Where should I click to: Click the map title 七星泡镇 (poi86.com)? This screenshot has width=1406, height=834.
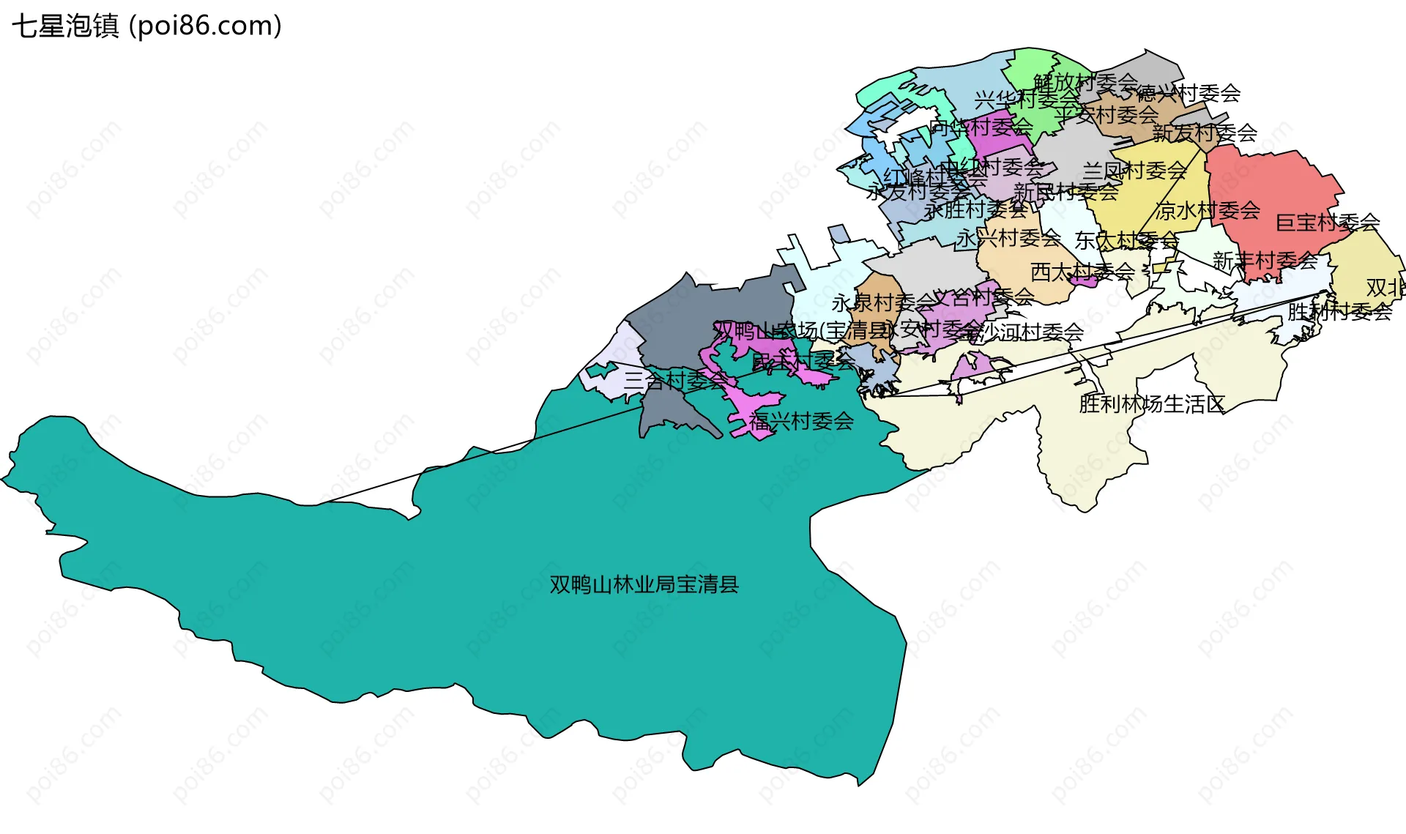pos(146,26)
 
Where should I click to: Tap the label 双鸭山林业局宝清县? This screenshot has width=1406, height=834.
pos(644,584)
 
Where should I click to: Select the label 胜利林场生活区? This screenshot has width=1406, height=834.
pos(1151,404)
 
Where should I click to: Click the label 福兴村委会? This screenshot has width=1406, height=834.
pos(801,421)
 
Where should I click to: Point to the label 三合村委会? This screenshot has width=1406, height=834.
pos(676,380)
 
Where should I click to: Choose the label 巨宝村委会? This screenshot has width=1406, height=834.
pos(1327,222)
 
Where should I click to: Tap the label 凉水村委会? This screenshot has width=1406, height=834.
pos(1208,211)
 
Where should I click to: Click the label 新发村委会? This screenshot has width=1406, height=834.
pos(1205,133)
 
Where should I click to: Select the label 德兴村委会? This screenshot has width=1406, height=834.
pos(1188,94)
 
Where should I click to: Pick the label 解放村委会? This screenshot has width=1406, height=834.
pos(1085,82)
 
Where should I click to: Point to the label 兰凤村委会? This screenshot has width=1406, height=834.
pos(1134,171)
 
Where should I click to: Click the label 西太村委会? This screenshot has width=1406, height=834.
pos(1082,272)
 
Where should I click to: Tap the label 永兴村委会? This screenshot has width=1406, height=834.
pos(1008,238)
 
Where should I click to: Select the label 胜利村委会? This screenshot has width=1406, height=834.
pos(1339,312)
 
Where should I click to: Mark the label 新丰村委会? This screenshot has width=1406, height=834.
pos(1265,261)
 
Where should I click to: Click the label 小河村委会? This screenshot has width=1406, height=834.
pos(1033,332)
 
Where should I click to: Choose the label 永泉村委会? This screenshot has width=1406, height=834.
pos(883,302)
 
